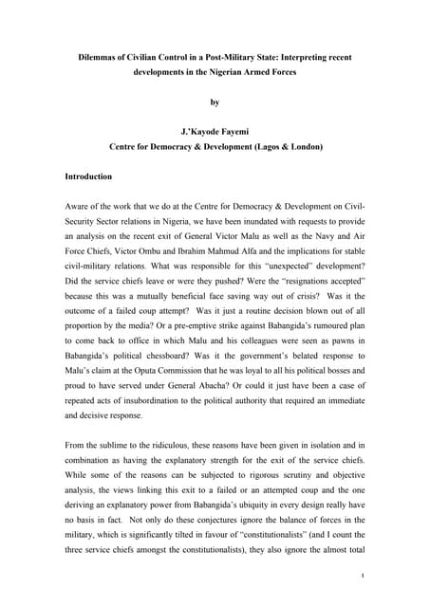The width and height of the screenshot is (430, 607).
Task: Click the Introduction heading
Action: tap(87, 177)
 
